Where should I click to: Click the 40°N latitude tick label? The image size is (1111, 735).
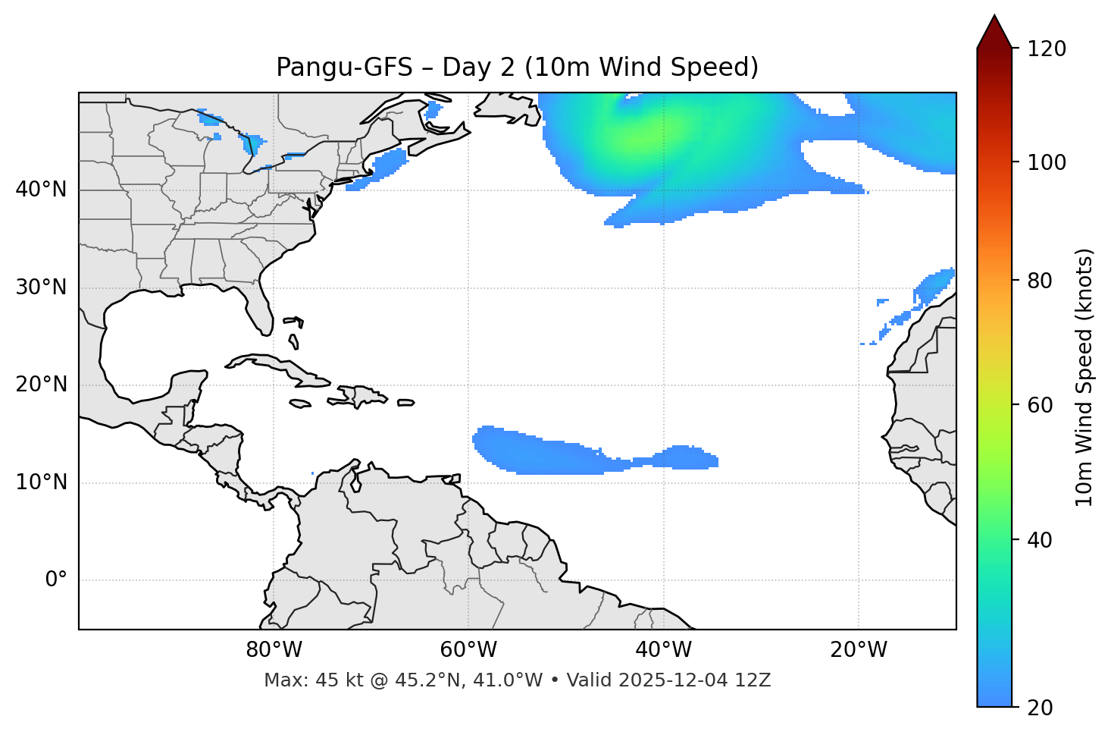[41, 190]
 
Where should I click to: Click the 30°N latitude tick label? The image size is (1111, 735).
[41, 287]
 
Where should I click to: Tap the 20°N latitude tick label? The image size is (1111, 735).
[41, 385]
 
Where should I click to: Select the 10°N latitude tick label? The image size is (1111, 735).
[41, 482]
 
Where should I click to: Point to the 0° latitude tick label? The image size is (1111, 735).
[56, 580]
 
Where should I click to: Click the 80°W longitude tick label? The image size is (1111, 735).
[274, 650]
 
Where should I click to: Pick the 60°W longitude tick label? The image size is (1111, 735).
[468, 650]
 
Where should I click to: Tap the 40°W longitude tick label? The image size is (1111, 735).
[663, 650]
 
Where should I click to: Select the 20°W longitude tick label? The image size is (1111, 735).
[859, 650]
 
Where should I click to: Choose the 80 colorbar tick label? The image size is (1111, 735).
[1040, 281]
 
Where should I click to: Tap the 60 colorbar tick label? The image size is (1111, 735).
[1040, 405]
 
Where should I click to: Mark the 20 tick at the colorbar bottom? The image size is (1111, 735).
[1040, 708]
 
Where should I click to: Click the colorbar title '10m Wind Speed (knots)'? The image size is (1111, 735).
[1084, 377]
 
